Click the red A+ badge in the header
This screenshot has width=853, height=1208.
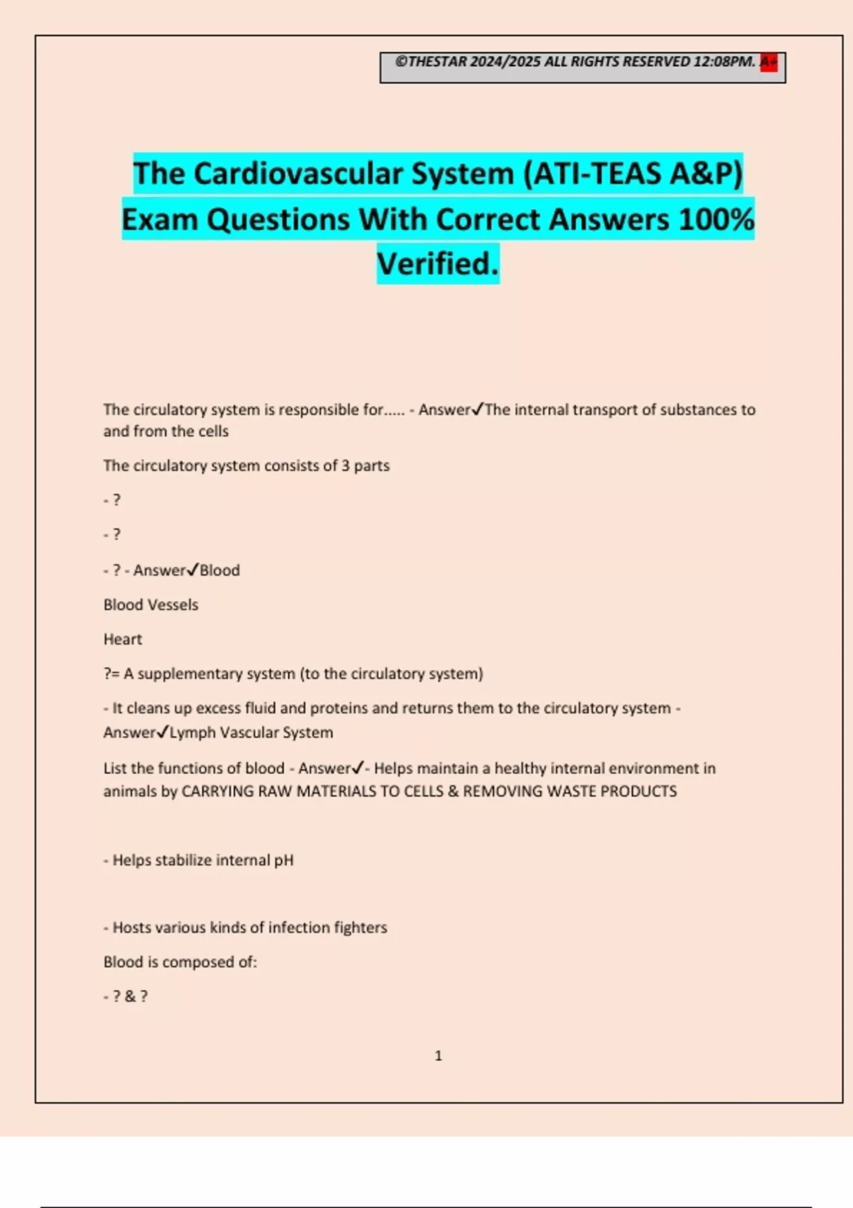[768, 62]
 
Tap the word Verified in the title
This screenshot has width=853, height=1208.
[436, 264]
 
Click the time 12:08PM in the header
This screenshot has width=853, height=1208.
[724, 62]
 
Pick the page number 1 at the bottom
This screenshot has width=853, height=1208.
[438, 1056]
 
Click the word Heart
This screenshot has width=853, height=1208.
[123, 639]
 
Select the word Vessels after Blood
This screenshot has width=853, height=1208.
[175, 605]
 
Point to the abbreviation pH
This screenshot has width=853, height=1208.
[284, 860]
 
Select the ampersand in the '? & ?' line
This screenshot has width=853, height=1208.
[130, 996]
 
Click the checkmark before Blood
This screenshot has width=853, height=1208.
[192, 570]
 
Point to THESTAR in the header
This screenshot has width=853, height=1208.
[437, 62]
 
